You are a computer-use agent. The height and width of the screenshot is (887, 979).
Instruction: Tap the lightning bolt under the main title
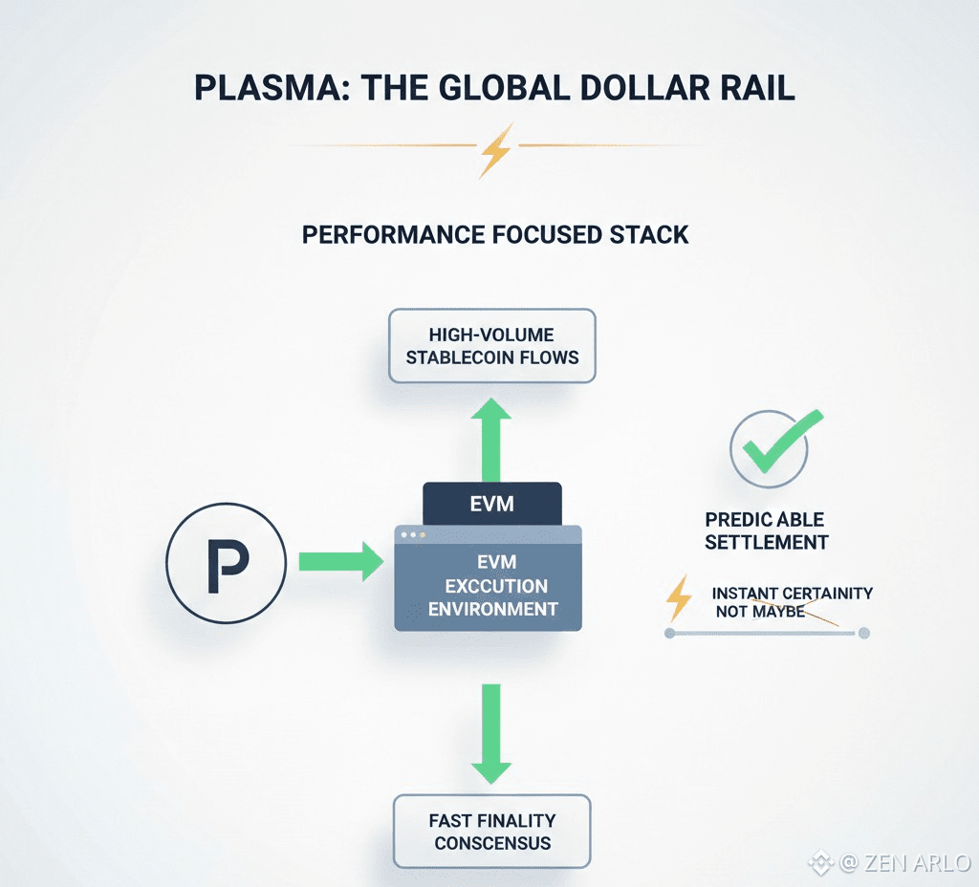(x=495, y=150)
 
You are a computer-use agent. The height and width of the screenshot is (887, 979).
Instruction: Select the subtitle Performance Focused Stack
(x=495, y=234)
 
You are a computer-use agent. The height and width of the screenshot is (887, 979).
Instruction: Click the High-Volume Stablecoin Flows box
(x=492, y=346)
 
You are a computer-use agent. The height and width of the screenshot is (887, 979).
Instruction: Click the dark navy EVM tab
(x=491, y=504)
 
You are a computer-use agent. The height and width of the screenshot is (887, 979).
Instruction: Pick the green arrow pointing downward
(x=491, y=732)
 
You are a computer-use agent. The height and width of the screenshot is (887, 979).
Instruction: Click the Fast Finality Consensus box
(x=492, y=832)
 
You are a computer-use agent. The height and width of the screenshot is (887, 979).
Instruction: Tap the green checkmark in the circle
(x=775, y=444)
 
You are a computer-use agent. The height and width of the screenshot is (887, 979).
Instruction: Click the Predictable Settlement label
(x=765, y=530)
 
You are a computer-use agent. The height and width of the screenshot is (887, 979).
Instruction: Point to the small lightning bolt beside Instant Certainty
(x=679, y=599)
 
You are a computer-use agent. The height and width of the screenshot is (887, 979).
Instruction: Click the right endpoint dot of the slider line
(x=863, y=633)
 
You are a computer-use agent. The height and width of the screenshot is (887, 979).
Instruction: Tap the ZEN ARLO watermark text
(x=903, y=864)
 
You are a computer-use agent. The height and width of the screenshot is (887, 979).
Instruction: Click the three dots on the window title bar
(x=413, y=535)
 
